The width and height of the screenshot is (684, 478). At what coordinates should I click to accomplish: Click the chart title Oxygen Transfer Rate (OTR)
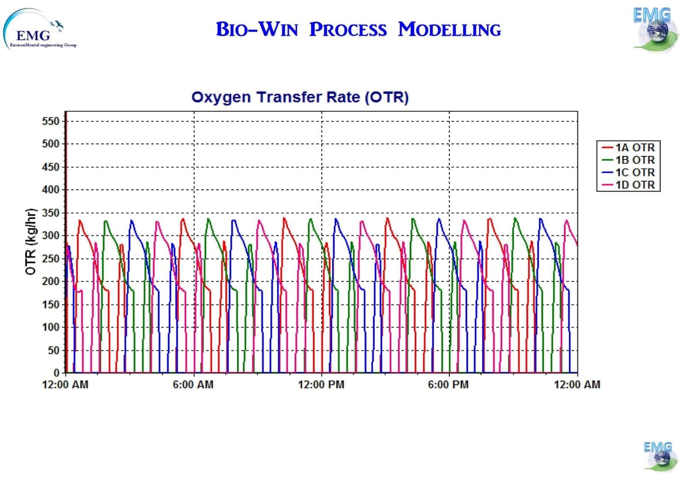(x=300, y=97)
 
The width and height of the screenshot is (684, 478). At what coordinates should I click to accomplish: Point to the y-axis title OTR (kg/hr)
(x=30, y=242)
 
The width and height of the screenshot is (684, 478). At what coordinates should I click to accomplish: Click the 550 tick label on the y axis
(x=50, y=121)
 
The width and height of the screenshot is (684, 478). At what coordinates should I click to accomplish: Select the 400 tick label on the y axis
(x=50, y=190)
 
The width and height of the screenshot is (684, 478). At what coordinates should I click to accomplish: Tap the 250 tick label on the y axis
(x=50, y=258)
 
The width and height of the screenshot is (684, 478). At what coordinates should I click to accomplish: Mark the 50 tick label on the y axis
(x=53, y=350)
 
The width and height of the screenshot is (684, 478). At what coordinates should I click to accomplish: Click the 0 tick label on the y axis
(x=56, y=373)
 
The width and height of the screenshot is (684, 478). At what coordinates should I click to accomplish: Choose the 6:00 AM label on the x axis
(x=193, y=385)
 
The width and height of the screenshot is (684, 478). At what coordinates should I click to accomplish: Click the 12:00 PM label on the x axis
(x=321, y=385)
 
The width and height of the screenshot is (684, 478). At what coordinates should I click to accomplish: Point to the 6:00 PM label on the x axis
(x=448, y=385)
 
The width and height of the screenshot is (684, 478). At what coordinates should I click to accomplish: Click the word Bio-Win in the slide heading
(x=256, y=29)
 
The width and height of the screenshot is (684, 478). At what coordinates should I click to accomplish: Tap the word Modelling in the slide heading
(x=449, y=29)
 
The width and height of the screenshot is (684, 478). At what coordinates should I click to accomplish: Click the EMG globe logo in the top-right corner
(x=654, y=29)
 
